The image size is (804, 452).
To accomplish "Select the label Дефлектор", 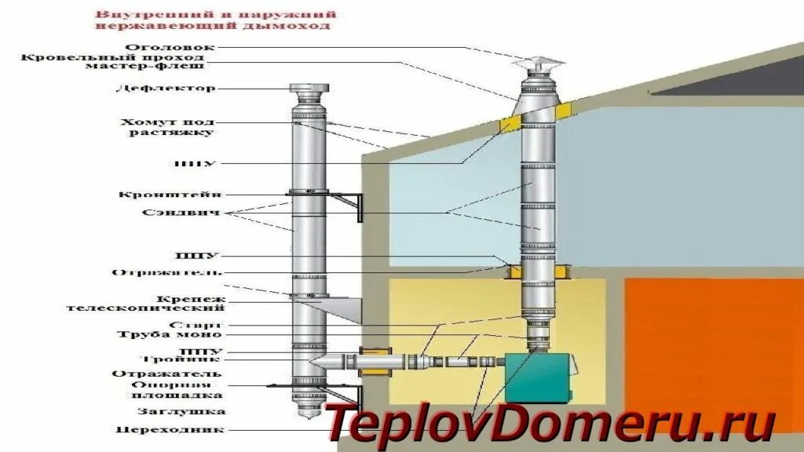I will [165, 88].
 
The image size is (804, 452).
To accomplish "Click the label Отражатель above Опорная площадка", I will [166, 374].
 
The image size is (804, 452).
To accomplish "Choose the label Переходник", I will [170, 429].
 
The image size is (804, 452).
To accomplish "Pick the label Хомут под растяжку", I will [166, 127].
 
